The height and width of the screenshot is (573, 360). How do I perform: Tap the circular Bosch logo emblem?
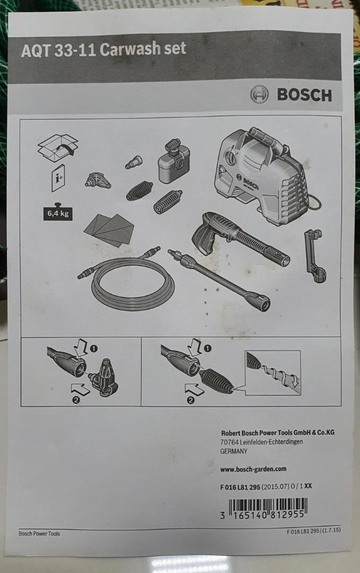point(260,94)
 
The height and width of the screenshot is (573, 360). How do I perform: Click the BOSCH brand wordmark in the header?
point(304,95)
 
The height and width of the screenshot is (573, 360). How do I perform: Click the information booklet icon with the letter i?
point(58,178)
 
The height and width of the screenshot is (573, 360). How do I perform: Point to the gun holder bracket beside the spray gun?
point(315,255)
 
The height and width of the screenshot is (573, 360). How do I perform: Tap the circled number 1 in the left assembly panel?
point(94,349)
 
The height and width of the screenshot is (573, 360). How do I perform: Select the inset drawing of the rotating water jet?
point(272,372)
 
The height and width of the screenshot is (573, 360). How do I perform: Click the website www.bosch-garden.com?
point(253,468)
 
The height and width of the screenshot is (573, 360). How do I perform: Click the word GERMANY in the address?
point(233,451)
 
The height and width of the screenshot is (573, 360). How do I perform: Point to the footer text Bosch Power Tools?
point(39,533)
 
